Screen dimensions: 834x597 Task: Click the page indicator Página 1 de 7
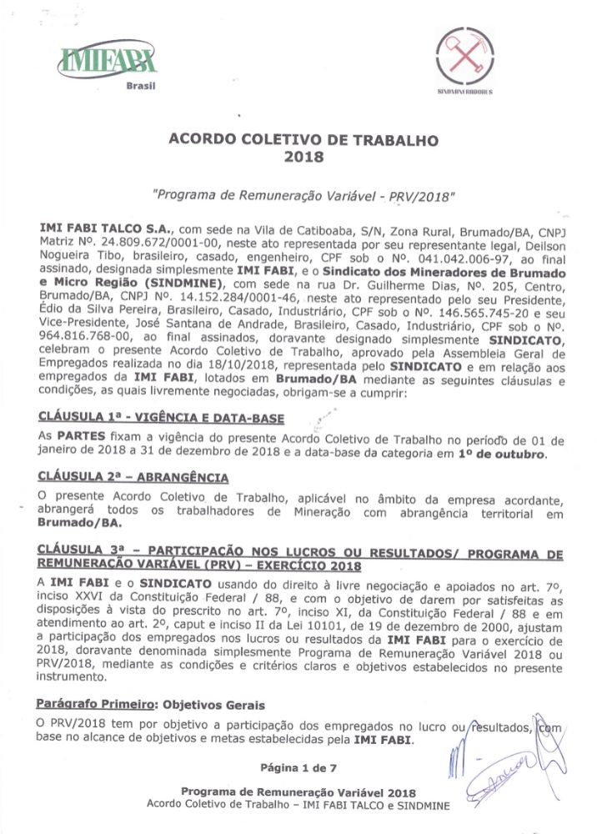click(x=298, y=766)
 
